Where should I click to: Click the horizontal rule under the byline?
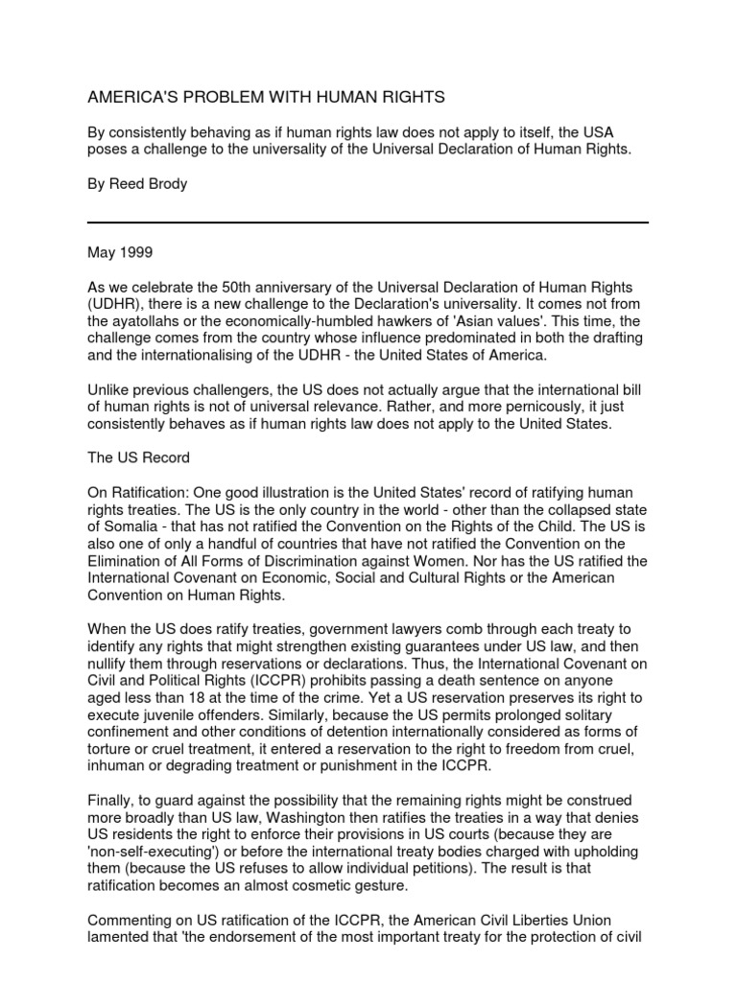click(x=368, y=222)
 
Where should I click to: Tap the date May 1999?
click(x=120, y=254)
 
